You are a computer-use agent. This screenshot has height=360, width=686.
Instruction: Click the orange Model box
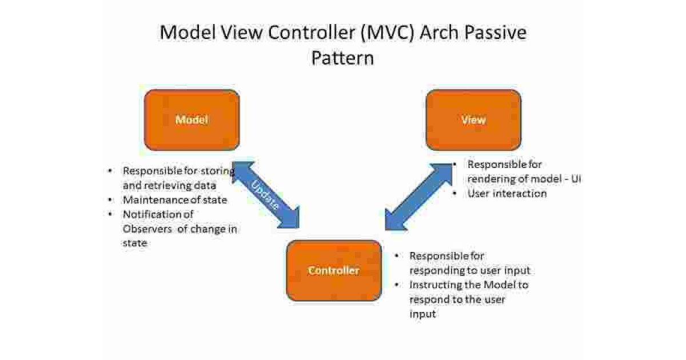coord(192,120)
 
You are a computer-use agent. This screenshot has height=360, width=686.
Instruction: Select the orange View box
coord(473,120)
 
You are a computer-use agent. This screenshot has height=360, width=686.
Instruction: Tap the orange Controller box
coord(334,270)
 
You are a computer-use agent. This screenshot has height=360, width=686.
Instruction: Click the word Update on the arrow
coord(266,196)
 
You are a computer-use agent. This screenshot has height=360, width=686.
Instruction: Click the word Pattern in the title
coord(342,58)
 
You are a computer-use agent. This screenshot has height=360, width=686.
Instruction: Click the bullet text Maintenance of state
coord(175,200)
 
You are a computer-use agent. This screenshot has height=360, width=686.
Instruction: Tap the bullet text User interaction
coord(507,193)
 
